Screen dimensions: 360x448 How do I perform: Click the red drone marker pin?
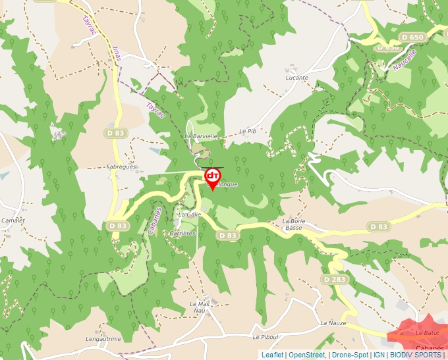coord(213,177)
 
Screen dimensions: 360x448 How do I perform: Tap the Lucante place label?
coord(297,78)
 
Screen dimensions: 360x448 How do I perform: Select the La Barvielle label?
coord(200,136)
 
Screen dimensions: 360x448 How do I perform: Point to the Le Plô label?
coord(247,131)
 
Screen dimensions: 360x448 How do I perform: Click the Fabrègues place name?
coord(121,167)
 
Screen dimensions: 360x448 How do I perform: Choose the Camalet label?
coord(13,220)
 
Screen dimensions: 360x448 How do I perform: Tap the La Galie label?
coord(190,215)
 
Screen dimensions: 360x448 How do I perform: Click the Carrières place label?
coord(184,233)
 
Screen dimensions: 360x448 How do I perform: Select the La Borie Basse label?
coord(294,224)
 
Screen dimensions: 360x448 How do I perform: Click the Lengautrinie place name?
coord(103,339)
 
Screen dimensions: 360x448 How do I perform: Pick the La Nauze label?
coord(333,324)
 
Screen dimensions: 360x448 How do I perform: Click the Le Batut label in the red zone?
coord(427,334)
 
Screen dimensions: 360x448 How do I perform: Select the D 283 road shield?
coord(335,280)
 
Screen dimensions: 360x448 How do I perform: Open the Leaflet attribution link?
coord(272,355)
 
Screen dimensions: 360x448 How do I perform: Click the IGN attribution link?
coord(379,355)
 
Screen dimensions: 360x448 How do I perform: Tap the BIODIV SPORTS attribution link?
coord(416,355)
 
